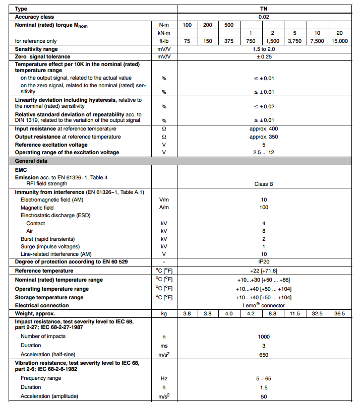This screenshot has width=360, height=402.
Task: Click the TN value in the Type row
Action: pyautogui.click(x=264, y=9)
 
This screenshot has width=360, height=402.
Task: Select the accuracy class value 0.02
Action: pyautogui.click(x=264, y=17)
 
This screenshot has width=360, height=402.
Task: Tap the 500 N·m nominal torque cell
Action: pyautogui.click(x=228, y=25)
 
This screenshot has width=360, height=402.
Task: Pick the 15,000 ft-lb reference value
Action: pyautogui.click(x=340, y=41)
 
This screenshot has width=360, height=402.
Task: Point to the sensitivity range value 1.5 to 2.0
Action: pyautogui.click(x=264, y=49)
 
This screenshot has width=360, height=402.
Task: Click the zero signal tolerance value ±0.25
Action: pyautogui.click(x=264, y=57)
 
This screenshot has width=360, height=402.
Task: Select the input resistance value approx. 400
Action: pyautogui.click(x=264, y=128)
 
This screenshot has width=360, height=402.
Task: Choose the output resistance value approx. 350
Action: pyautogui.click(x=264, y=137)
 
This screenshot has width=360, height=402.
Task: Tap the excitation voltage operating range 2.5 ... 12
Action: pyautogui.click(x=264, y=152)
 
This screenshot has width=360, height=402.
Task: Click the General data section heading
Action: pyautogui.click(x=31, y=161)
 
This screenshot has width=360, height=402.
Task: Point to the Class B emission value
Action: pyautogui.click(x=264, y=184)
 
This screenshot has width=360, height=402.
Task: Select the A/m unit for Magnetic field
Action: pyautogui.click(x=164, y=208)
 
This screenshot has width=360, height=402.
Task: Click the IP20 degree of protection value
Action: pyautogui.click(x=264, y=262)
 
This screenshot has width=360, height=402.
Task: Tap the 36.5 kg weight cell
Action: pyautogui.click(x=340, y=313)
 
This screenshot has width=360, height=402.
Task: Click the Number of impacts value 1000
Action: pyautogui.click(x=264, y=337)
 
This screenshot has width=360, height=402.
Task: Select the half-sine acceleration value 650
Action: pyautogui.click(x=264, y=355)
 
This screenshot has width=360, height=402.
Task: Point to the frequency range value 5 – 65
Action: pyautogui.click(x=264, y=378)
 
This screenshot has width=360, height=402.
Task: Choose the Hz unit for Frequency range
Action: pyautogui.click(x=164, y=378)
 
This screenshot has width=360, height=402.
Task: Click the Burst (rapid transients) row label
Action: pyautogui.click(x=47, y=239)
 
